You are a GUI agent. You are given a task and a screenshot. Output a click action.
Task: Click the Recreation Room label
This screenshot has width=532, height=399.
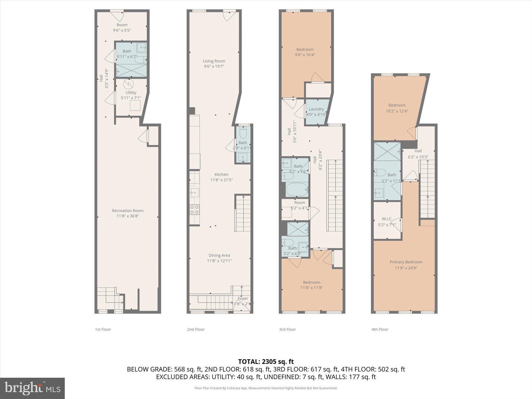pos(127,211)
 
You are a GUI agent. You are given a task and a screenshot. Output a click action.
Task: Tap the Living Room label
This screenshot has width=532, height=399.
pos(214,61)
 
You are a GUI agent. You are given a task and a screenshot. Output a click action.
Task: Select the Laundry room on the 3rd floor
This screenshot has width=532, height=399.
pos(316,112)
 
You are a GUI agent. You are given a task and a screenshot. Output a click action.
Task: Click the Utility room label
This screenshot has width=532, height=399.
pos(131,93)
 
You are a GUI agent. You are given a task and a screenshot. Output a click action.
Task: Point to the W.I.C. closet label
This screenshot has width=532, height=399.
pos(387,219)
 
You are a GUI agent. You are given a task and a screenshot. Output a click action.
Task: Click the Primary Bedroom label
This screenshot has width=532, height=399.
pos(406,262)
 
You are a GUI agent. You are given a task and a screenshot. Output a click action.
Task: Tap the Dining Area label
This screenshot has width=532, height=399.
pos(219,255)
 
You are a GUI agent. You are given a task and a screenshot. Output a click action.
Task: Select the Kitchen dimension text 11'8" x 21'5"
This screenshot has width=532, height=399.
pos(221,180)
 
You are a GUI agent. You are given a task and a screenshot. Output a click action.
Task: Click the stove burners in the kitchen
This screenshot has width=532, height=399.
pos(195,210)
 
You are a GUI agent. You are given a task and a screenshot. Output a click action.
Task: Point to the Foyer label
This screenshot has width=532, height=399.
pos(243,299)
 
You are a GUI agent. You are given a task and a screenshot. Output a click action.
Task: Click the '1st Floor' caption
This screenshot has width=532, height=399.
pos(103,329)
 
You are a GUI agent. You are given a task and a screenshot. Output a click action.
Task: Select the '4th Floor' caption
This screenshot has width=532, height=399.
pos(380,329)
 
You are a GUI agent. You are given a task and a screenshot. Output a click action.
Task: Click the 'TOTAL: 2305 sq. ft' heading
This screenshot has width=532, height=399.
pos(266,362)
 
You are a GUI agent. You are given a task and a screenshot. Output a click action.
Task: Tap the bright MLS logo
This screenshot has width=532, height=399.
pos(32,388)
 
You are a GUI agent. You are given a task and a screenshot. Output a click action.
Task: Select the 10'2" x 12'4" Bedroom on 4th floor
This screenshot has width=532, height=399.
pos(397,108)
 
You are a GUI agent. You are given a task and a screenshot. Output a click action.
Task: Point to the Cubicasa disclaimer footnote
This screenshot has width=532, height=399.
pos(266,388)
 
